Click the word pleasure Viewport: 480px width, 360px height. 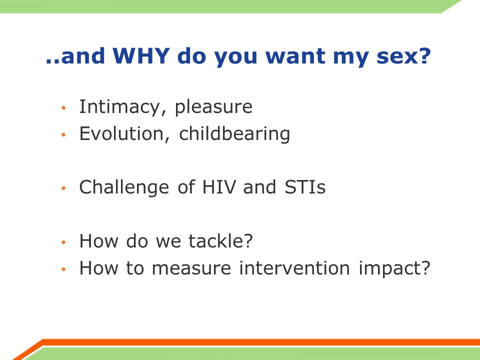tap(213, 107)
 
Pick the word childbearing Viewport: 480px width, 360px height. tap(234, 134)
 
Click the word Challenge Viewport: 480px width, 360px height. tap(124, 187)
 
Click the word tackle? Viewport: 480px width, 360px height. tap(220, 240)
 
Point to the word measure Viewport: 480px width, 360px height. tap(191, 268)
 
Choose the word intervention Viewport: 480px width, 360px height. tap(294, 268)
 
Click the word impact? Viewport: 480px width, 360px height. tap(394, 268)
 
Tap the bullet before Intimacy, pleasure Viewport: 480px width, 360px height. tap(63, 108)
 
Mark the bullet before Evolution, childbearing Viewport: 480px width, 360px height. tap(63, 134)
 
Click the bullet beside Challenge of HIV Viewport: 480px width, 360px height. tap(63, 188)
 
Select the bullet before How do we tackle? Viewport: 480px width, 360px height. tap(63, 242)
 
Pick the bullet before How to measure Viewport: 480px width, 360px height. tap(63, 269)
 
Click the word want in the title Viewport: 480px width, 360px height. tap(295, 56)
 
